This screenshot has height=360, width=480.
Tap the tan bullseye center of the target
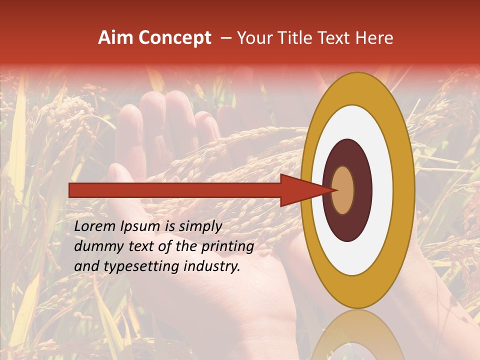click(343, 190)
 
